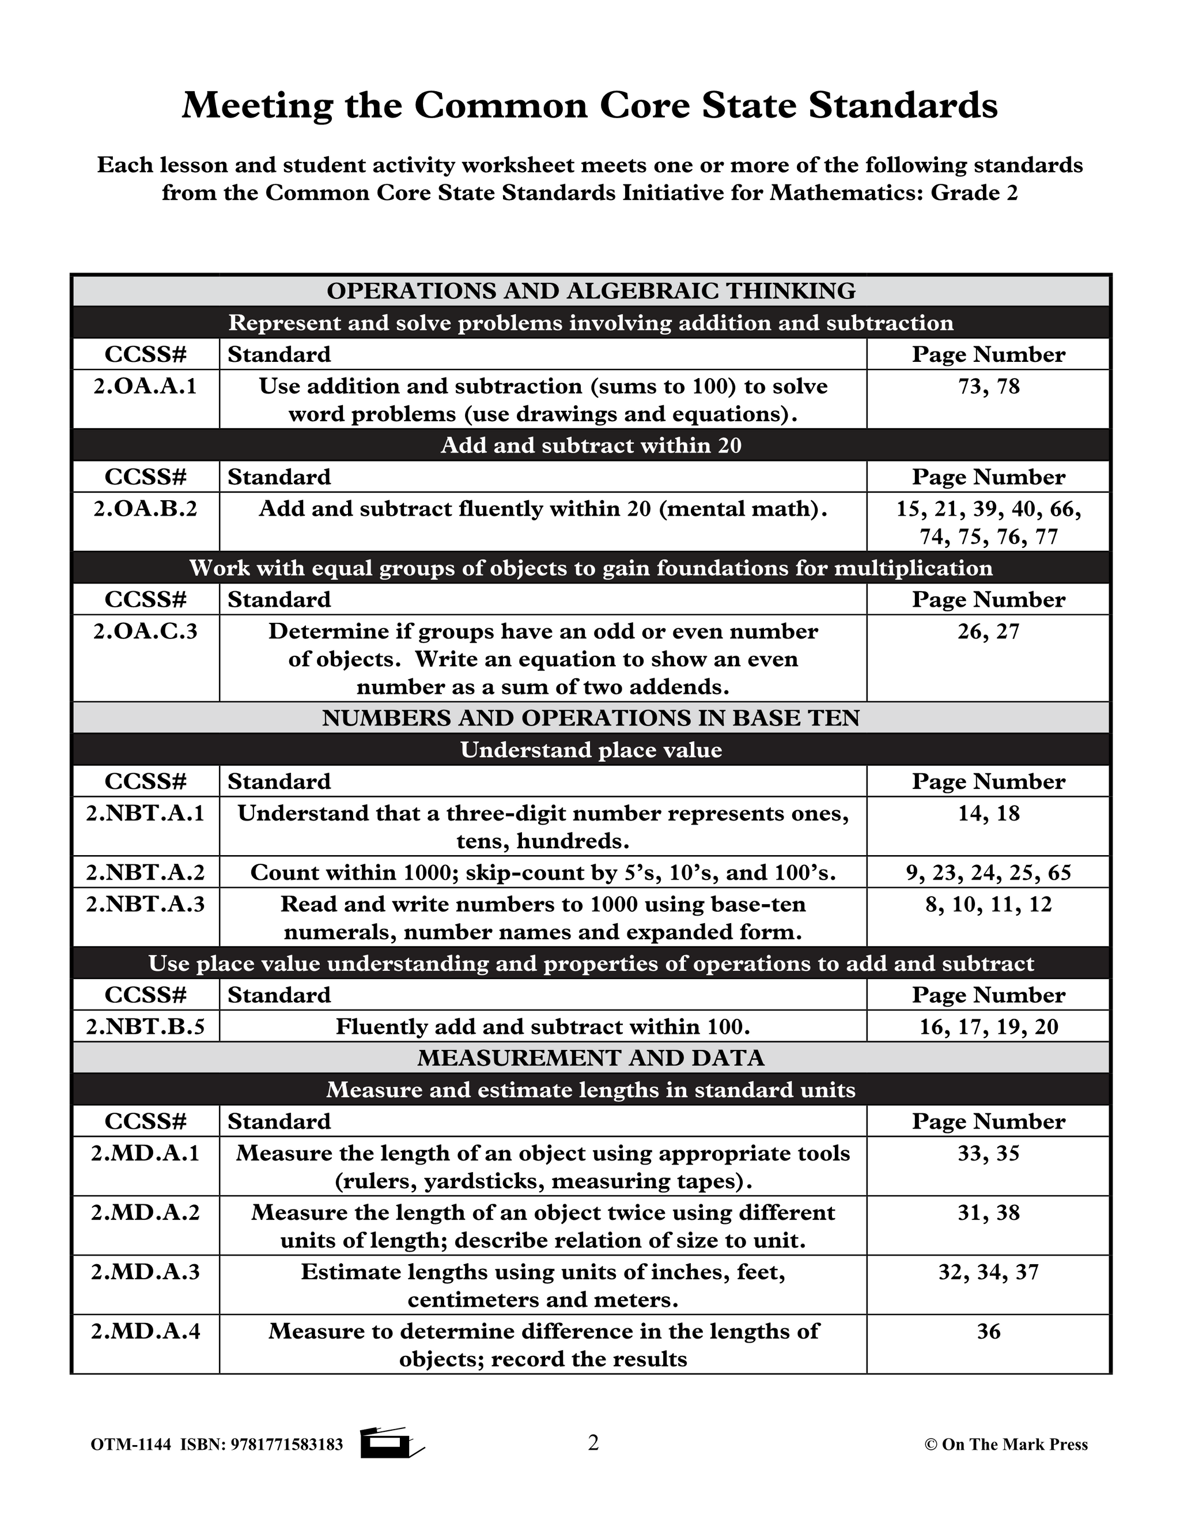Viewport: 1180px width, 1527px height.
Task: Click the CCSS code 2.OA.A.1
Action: tap(145, 386)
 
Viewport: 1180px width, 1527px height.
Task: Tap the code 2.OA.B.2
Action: tap(145, 508)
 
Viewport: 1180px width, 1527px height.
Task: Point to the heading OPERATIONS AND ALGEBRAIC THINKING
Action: tap(591, 291)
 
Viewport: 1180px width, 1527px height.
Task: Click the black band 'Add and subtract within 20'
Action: tap(591, 445)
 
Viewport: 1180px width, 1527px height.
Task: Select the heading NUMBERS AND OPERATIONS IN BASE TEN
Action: tap(591, 718)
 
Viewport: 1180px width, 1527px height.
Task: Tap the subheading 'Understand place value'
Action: tap(591, 750)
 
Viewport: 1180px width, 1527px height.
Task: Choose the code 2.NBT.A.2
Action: tap(145, 872)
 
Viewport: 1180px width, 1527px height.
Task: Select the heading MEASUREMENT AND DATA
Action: tap(591, 1058)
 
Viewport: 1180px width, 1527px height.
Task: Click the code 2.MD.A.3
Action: tap(145, 1271)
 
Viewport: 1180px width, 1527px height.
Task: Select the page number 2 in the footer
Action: tap(593, 1442)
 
